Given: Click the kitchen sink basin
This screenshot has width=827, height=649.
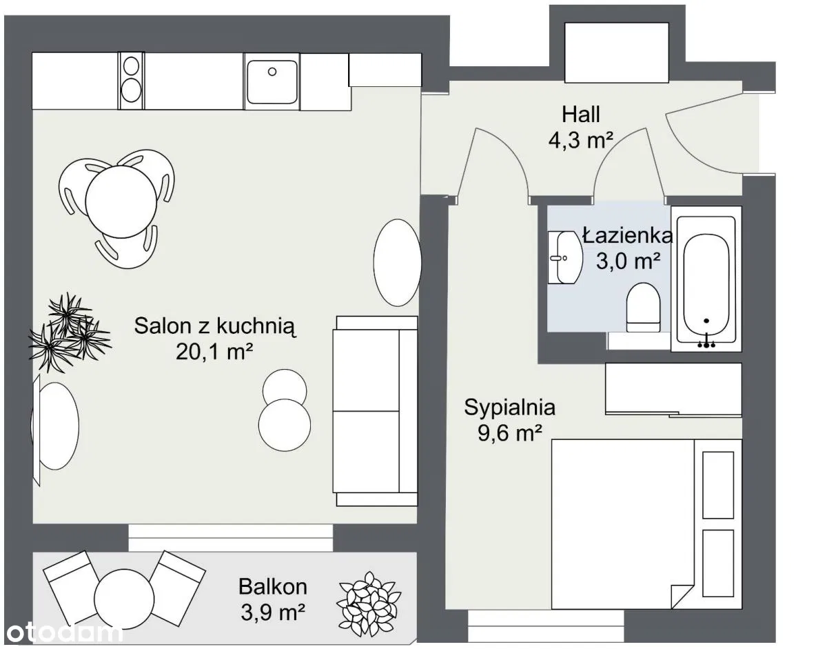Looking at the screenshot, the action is click(x=272, y=81).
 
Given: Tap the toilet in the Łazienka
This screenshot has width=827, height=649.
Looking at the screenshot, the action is click(x=643, y=307).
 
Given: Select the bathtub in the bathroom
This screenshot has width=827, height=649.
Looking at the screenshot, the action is click(x=706, y=279).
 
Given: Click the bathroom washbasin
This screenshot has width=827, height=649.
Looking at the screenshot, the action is click(x=565, y=257).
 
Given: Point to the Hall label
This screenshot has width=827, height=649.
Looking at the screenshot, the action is click(x=581, y=114).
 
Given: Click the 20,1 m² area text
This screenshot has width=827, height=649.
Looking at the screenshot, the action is click(x=214, y=351).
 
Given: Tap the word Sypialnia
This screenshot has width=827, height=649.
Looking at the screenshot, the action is click(x=509, y=407).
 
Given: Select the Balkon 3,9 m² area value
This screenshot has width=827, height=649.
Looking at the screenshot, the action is click(x=273, y=613).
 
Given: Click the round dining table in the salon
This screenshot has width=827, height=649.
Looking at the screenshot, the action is click(x=121, y=201).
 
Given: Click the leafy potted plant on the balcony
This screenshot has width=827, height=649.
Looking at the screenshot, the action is click(x=369, y=604).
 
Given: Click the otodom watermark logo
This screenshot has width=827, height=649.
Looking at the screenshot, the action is click(x=65, y=633).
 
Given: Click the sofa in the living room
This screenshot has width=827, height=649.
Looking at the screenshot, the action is click(x=376, y=411).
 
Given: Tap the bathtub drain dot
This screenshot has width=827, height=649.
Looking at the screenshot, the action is click(x=706, y=321).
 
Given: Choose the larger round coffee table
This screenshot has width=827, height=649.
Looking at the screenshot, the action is click(x=285, y=425).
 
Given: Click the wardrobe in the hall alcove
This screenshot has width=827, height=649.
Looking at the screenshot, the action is click(x=617, y=52).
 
